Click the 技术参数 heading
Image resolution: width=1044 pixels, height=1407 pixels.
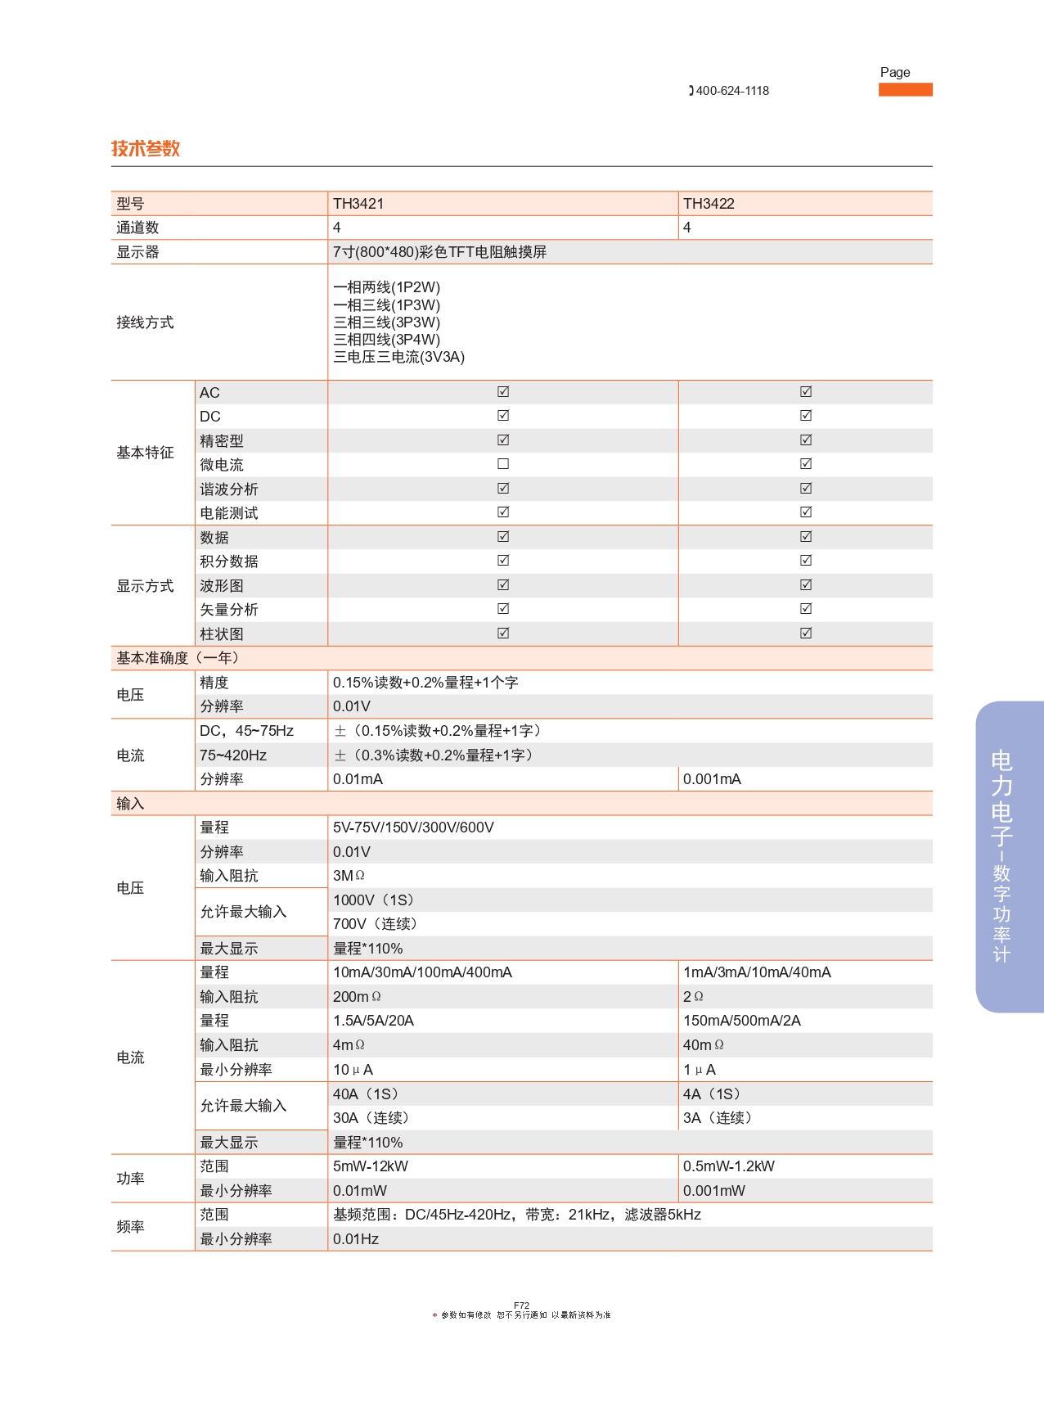pos(145,148)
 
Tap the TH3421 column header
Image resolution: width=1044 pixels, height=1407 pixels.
pos(358,204)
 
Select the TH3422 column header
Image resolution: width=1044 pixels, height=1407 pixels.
pos(709,204)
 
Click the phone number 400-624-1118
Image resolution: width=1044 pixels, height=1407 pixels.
pos(731,91)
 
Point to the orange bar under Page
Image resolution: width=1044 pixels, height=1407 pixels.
pos(905,89)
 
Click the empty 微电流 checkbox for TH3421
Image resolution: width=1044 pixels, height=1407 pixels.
pos(503,464)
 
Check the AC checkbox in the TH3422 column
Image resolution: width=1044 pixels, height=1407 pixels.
pos(806,392)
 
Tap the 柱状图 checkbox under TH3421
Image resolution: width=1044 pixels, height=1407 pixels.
pos(503,634)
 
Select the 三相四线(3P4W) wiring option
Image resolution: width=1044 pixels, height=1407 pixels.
pos(386,340)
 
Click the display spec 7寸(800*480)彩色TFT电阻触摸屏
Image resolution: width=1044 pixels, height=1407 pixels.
pos(439,252)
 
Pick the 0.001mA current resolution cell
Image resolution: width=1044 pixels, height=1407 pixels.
pos(712,779)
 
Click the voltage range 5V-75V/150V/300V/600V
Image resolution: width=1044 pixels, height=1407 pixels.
pos(413,828)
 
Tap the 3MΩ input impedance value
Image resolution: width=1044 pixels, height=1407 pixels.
pos(349,876)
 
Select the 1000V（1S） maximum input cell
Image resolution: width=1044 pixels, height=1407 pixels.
pos(374,900)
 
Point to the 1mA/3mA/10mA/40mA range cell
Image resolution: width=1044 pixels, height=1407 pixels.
pos(757,972)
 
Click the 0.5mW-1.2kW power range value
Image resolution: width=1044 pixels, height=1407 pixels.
pos(728,1166)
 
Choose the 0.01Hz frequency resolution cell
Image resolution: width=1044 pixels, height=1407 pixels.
pos(356,1239)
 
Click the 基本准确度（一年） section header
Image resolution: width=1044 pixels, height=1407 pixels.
pos(178,658)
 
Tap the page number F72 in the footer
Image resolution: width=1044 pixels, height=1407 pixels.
pos(521,1306)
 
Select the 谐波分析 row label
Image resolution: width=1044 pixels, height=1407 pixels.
pos(229,489)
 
